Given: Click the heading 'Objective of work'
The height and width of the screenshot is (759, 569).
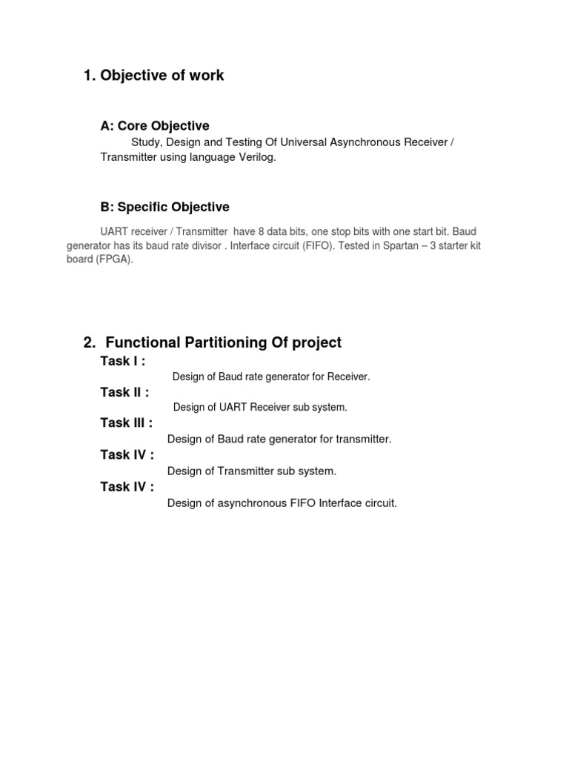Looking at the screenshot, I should (x=162, y=76).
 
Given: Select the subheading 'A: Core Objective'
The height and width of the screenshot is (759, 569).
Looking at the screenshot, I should (x=155, y=126).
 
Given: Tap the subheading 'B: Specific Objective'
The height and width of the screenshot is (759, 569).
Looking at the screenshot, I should (x=164, y=207).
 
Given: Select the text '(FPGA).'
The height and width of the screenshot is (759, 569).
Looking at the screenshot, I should (x=100, y=260).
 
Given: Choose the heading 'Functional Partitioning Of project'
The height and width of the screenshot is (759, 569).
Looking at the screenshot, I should (x=223, y=342).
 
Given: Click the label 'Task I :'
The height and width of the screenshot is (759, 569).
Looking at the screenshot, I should (x=123, y=361).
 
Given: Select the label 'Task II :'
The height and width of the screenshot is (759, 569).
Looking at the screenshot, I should (x=124, y=392).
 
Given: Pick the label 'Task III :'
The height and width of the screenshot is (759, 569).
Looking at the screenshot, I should (x=127, y=423).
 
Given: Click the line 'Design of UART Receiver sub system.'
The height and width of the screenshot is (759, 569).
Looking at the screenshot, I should (x=260, y=408).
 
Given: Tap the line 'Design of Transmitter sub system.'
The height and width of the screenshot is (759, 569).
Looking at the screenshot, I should (x=252, y=471).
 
